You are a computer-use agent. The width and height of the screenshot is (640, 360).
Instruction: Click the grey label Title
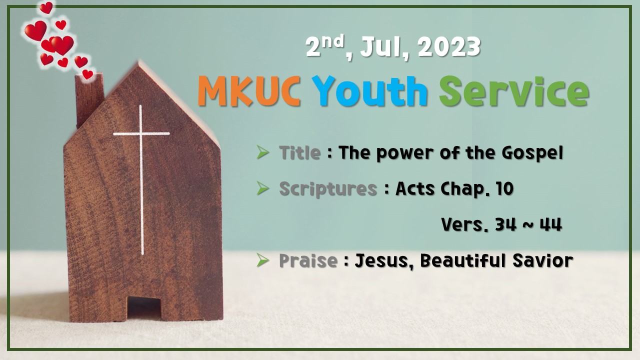pos(299,152)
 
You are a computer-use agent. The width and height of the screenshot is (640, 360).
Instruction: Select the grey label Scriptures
pos(328,189)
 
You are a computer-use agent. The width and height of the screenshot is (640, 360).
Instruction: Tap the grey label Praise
pos(307,260)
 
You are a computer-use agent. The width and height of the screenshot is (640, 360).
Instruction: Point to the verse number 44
pos(550,225)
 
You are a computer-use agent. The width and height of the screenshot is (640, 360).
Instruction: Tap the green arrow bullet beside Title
pos(262,151)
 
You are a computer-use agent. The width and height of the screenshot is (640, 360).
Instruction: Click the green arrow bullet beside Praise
pos(262,259)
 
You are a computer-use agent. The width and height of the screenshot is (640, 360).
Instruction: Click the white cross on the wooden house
pos(141,150)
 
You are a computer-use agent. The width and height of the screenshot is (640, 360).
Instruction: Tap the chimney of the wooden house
pos(90,100)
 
